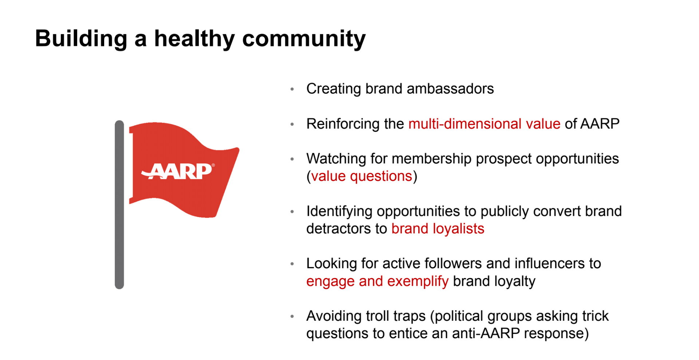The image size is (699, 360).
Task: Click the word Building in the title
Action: pos(81,39)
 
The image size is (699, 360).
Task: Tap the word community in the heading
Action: pos(304,39)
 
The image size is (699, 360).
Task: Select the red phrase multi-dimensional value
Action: pos(484,124)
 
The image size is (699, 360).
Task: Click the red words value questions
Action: pos(361,177)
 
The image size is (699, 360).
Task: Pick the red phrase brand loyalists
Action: pos(437,229)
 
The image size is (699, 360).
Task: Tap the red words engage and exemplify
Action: pos(377,281)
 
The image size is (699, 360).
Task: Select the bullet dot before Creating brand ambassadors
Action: pos(292,89)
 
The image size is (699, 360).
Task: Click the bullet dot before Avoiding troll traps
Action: pos(292,317)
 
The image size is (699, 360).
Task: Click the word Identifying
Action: pos(339,211)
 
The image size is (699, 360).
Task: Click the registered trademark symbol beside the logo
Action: pos(213,165)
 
